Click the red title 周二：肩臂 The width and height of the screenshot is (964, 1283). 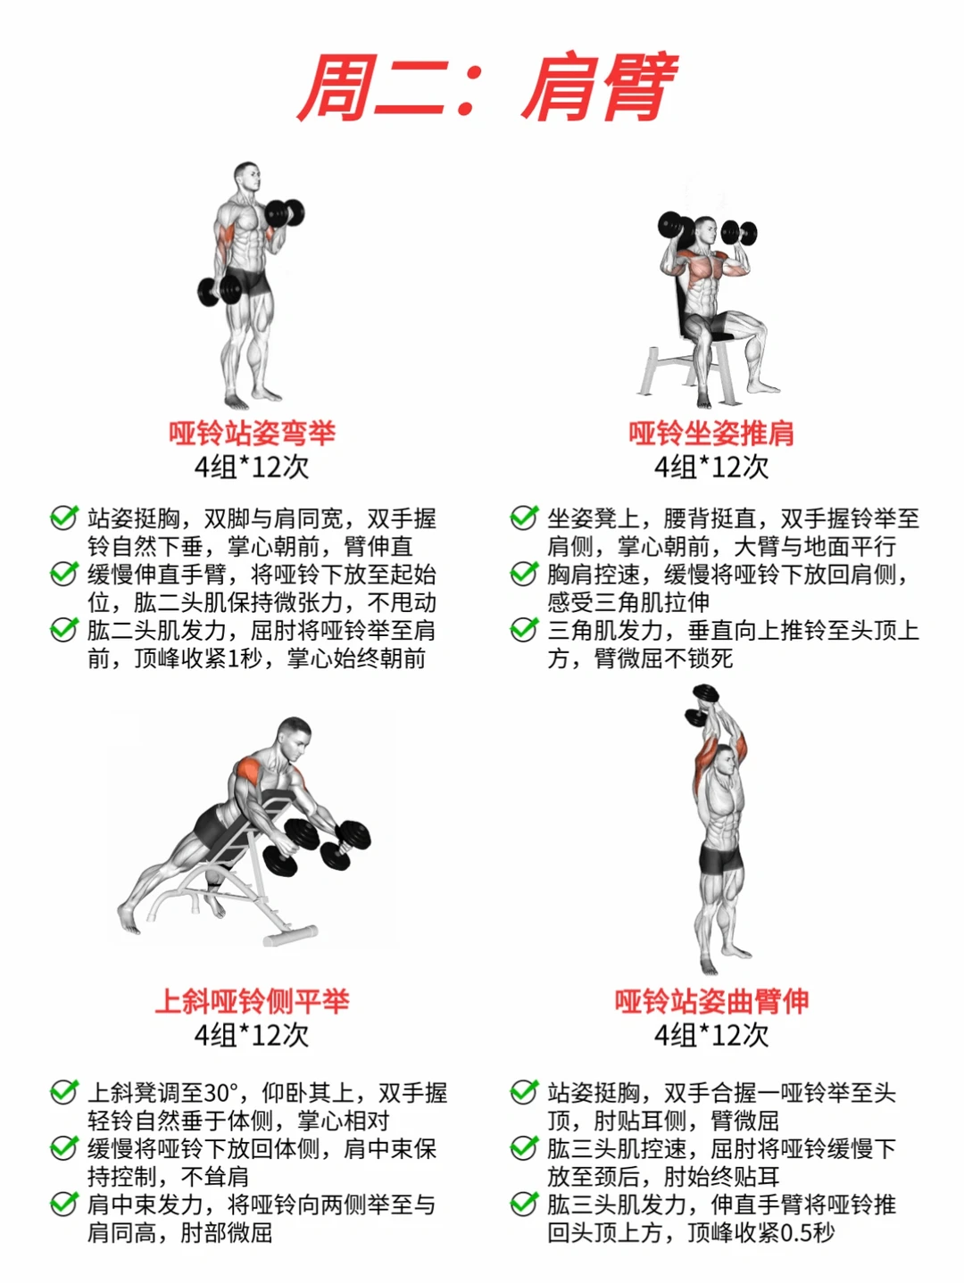(488, 87)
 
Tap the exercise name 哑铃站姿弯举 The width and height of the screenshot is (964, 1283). (252, 433)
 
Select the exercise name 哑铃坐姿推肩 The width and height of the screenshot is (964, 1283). (711, 433)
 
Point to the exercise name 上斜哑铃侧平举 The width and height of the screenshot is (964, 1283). (252, 1001)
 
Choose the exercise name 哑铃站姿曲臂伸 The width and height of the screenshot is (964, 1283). (711, 1001)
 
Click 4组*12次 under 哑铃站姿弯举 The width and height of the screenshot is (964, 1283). (252, 467)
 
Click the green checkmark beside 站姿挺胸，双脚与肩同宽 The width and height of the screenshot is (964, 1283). (63, 517)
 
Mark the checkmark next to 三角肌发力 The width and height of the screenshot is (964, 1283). (524, 630)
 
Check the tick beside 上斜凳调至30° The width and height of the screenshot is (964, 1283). (63, 1091)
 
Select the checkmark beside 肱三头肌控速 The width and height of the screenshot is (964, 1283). (524, 1147)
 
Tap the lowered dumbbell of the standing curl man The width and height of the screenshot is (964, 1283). (220, 289)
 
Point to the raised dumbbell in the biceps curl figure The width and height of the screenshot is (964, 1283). (285, 213)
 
